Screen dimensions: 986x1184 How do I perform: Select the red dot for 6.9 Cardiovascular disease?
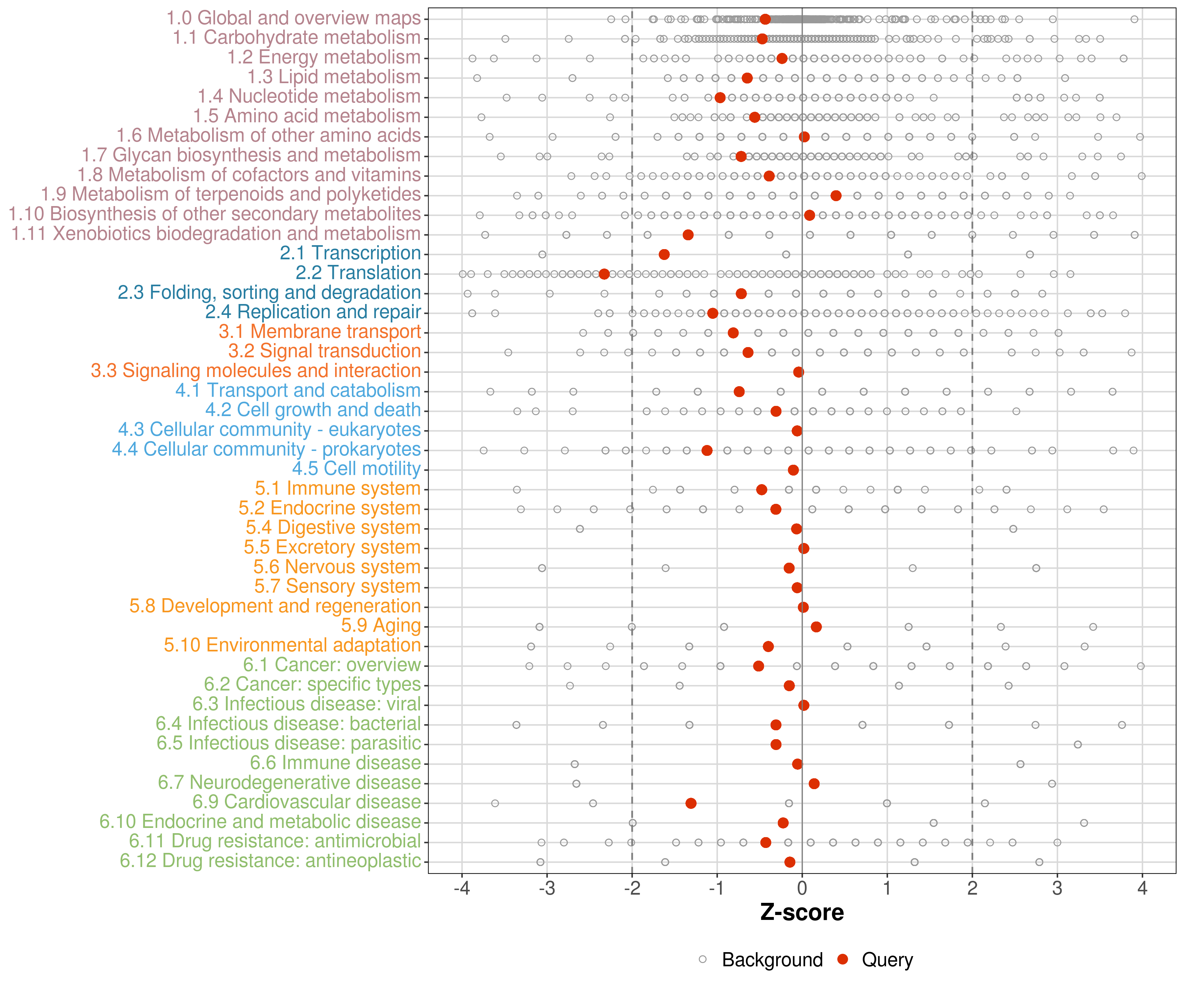(691, 803)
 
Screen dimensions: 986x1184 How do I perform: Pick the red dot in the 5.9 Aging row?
(816, 626)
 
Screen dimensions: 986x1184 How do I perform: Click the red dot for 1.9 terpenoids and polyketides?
(836, 196)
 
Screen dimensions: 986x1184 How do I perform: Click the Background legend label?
(773, 959)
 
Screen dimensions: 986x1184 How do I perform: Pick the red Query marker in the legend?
(843, 959)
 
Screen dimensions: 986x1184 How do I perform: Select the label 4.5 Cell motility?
(356, 469)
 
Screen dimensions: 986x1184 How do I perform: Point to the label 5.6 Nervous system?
(336, 567)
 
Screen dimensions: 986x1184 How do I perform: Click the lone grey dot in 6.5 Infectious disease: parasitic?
(1077, 744)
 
